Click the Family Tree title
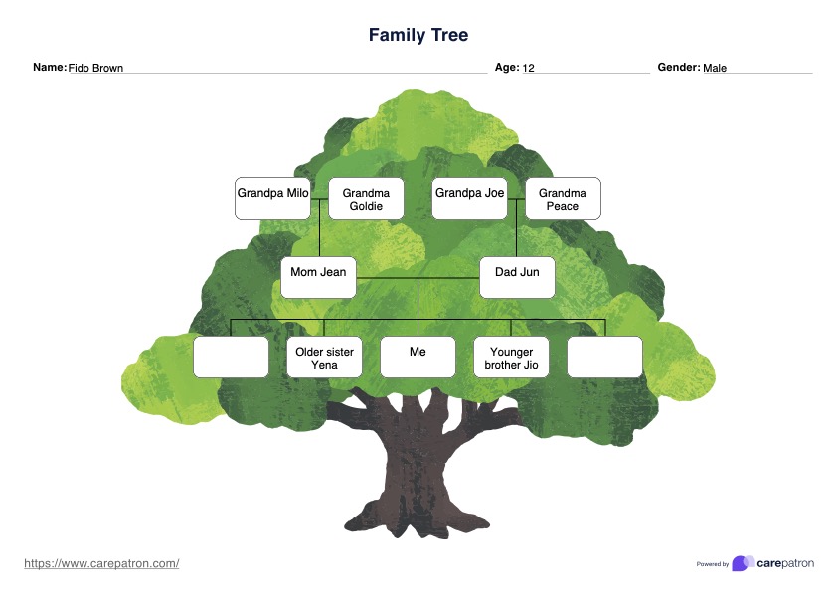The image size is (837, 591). [418, 35]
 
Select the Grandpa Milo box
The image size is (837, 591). [272, 198]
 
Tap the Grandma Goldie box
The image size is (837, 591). [366, 198]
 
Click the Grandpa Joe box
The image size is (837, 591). [469, 198]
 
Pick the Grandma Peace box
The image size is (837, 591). [563, 198]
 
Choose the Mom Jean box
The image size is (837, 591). [318, 277]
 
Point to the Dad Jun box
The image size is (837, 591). [517, 277]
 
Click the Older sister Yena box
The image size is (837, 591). [324, 357]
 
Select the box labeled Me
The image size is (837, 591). [418, 357]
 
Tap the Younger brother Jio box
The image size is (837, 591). [511, 357]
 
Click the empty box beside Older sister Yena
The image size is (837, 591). [231, 357]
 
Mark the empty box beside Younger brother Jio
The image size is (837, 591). [604, 357]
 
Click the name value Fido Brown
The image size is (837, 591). [95, 69]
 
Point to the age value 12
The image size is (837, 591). [529, 69]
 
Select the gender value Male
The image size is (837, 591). [715, 69]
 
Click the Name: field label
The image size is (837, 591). [50, 68]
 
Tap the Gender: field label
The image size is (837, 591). [679, 68]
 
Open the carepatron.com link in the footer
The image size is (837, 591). [101, 563]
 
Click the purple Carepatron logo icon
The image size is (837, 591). [742, 563]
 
